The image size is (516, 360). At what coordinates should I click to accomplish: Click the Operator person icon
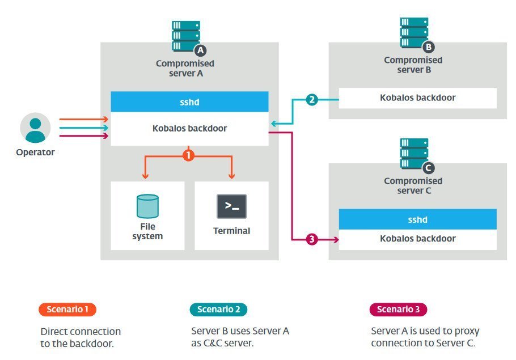tap(35, 128)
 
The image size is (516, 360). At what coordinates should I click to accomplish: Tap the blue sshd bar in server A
tap(189, 101)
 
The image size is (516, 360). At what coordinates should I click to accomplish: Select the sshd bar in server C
tap(417, 219)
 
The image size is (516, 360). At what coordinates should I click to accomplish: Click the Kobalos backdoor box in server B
tap(417, 98)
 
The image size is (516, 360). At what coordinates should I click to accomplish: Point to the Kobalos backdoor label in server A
tap(189, 129)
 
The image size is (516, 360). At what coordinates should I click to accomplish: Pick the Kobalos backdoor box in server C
tap(417, 239)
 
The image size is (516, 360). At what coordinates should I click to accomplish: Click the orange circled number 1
tap(189, 154)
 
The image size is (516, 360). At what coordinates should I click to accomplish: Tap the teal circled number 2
tap(311, 100)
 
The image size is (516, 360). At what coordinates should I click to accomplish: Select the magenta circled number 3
tap(311, 239)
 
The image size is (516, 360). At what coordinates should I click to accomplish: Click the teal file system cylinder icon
tap(147, 206)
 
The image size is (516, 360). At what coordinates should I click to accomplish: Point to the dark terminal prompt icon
tap(231, 206)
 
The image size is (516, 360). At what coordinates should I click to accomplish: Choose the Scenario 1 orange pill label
tap(67, 310)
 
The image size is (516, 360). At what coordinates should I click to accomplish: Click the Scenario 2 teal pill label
tap(218, 310)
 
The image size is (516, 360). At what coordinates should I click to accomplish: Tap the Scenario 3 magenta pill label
tap(398, 310)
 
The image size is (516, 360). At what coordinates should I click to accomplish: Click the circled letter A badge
tap(200, 51)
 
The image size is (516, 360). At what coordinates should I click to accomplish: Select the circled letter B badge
tap(429, 47)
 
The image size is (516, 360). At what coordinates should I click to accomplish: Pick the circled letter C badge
tap(429, 168)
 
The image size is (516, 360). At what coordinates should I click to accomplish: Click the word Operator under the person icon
tap(35, 152)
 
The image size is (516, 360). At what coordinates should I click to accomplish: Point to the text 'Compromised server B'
tap(413, 65)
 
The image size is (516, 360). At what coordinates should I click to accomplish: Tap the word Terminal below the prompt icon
tap(231, 231)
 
